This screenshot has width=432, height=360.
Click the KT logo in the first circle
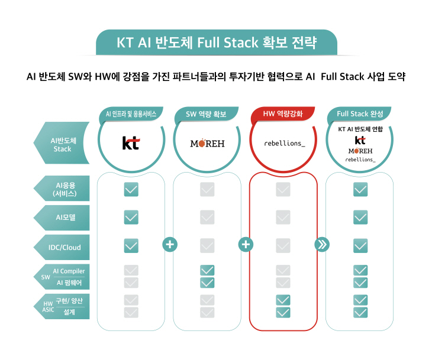click(131, 143)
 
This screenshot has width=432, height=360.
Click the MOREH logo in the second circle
click(207, 143)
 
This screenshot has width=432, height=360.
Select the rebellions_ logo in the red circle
click(284, 144)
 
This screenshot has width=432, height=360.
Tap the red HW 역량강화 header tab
click(283, 113)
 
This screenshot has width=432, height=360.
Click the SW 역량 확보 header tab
click(206, 114)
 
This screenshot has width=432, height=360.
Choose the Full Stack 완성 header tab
click(360, 113)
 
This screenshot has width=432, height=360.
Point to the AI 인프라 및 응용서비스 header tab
click(131, 114)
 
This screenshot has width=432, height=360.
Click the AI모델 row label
click(65, 218)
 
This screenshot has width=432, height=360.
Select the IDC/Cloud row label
click(65, 247)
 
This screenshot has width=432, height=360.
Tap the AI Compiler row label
click(69, 271)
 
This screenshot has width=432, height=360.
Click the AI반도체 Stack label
click(63, 145)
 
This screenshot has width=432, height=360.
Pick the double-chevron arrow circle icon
click(322, 244)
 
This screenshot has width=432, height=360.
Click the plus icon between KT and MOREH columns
click(170, 244)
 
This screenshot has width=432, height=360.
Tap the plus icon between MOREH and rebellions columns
click(246, 244)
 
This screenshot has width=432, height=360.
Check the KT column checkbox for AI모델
click(131, 218)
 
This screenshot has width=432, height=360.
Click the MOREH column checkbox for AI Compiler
click(207, 270)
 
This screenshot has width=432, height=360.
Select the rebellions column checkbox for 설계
click(283, 312)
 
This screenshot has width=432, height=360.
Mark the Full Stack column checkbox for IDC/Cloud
click(360, 246)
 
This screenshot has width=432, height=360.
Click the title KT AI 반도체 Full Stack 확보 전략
click(217, 43)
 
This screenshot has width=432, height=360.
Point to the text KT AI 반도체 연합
click(360, 129)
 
